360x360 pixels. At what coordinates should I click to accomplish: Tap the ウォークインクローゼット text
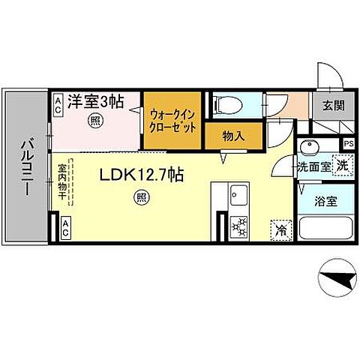point(173,121)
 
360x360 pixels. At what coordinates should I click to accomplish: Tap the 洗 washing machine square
point(341,165)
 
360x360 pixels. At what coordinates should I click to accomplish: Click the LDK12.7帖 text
point(142,175)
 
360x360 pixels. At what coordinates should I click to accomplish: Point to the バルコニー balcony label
point(25,166)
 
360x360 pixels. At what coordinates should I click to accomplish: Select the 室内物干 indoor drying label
point(63,182)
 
